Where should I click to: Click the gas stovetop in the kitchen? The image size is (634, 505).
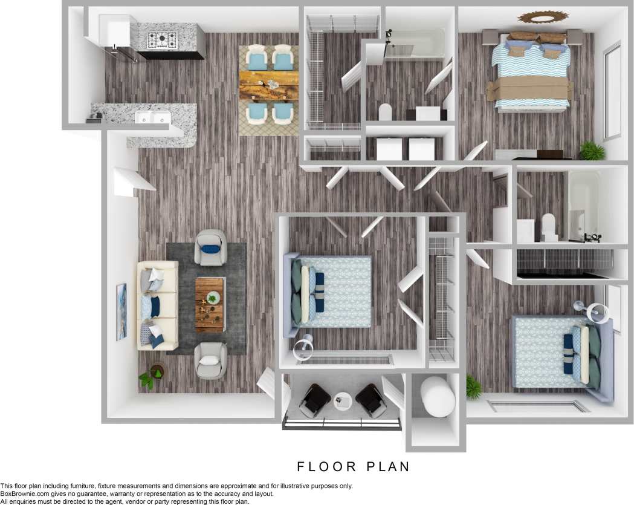pyautogui.click(x=164, y=41)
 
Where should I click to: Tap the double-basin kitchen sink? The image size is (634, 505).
pyautogui.click(x=152, y=118)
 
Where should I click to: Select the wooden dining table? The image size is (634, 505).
pyautogui.click(x=269, y=86)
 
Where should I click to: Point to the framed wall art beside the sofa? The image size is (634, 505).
pyautogui.click(x=121, y=311)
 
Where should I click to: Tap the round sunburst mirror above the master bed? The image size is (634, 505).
pyautogui.click(x=543, y=17)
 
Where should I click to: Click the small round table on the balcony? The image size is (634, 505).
pyautogui.click(x=343, y=400)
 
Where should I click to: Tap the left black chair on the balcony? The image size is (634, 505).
pyautogui.click(x=314, y=400)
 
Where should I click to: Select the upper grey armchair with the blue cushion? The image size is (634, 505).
pyautogui.click(x=211, y=247)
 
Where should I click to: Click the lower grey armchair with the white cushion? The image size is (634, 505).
pyautogui.click(x=211, y=360)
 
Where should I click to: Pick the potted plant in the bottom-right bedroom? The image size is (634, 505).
pyautogui.click(x=473, y=387)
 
